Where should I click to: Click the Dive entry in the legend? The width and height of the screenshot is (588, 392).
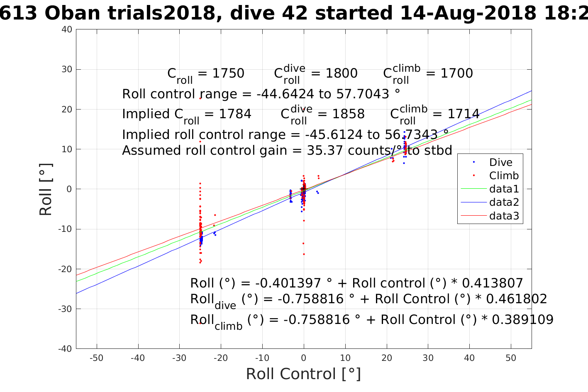[x=500, y=163]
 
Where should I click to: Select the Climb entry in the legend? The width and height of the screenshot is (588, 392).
[x=504, y=176]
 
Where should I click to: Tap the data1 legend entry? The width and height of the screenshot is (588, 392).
[x=504, y=189]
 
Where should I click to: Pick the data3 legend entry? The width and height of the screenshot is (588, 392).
[x=504, y=216]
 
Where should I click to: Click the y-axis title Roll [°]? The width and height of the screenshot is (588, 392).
[x=46, y=189]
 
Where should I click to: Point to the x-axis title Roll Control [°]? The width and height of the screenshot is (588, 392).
[x=303, y=374]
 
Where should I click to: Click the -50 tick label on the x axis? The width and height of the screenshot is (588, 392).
[x=96, y=358]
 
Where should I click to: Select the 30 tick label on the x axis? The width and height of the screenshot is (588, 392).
[x=428, y=358]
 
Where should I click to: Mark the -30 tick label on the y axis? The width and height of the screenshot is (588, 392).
[x=65, y=309]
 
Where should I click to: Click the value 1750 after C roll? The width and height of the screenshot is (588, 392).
[x=228, y=73]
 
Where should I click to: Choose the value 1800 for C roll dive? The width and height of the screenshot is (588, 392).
[x=341, y=73]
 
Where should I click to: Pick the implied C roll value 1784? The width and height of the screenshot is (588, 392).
[x=235, y=114]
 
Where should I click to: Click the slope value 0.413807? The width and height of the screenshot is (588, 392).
[x=492, y=283]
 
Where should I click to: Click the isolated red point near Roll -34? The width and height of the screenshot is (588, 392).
[x=200, y=323]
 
